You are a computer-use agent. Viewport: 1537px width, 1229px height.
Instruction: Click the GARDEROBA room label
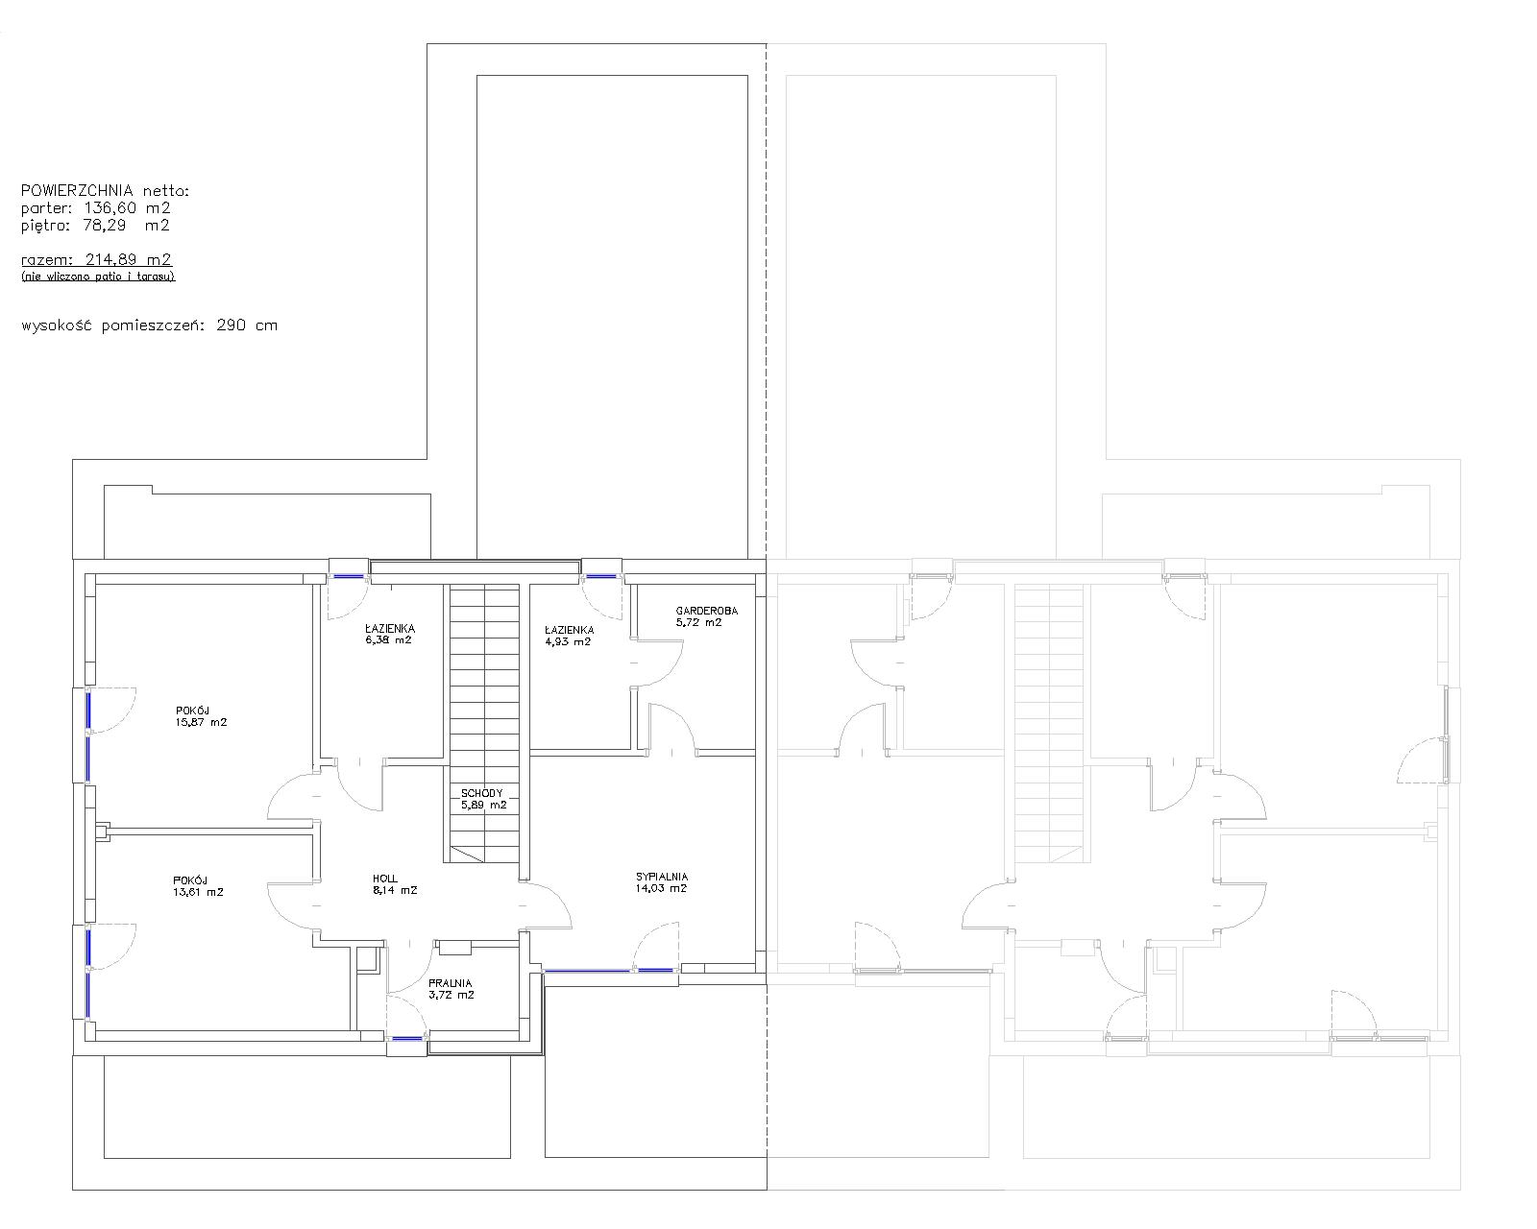[706, 611]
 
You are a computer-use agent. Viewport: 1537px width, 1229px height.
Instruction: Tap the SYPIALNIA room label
[662, 877]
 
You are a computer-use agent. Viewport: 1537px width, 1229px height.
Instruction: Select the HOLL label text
[385, 880]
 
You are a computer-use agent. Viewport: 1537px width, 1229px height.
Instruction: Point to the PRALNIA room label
[450, 983]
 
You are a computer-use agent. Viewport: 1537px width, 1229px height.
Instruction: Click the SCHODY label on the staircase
[482, 793]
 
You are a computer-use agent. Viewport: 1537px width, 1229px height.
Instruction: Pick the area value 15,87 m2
[202, 722]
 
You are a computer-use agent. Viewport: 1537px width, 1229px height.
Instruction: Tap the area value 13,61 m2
[198, 892]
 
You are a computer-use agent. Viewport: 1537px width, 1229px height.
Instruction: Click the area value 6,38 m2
[388, 639]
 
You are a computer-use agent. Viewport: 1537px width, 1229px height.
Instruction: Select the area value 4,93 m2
[568, 641]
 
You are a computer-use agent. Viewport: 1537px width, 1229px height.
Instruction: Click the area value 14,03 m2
[661, 888]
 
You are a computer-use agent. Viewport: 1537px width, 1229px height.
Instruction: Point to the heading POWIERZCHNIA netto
[105, 191]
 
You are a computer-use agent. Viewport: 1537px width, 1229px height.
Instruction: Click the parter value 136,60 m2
[128, 207]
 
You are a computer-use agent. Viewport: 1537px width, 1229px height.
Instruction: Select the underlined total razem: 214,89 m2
[96, 259]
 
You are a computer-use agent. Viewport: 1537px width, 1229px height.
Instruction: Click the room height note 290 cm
[247, 325]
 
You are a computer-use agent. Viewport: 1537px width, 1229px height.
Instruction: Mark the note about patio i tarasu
[98, 277]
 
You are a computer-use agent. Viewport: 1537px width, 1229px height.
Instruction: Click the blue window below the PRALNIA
[407, 1038]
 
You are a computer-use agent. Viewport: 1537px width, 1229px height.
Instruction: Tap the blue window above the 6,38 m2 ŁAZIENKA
[350, 575]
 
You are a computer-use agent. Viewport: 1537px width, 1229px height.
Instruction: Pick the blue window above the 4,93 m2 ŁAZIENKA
[601, 575]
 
